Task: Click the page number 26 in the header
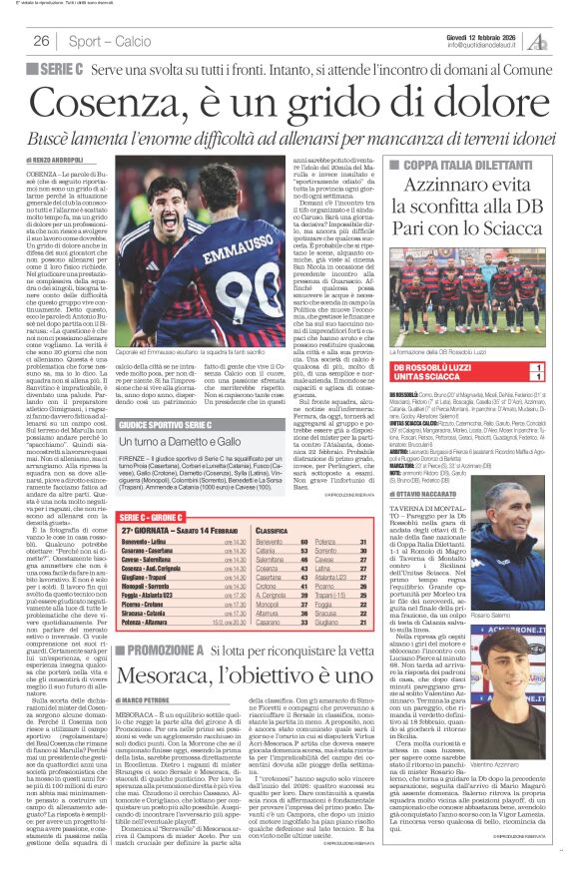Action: (42, 41)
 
